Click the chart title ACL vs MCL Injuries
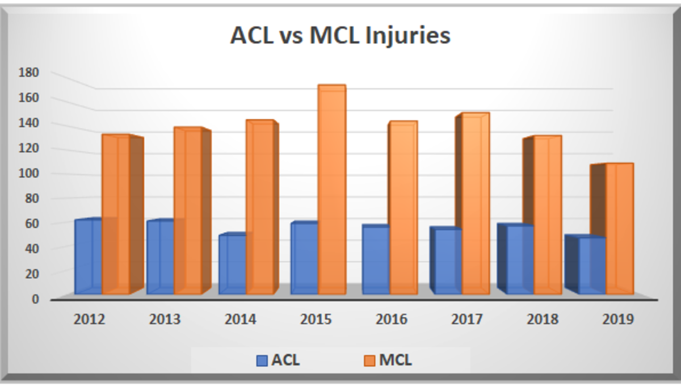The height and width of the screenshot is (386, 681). coord(340,35)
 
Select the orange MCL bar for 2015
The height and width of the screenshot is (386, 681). coord(332,190)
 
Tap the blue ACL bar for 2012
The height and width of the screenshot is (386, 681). coord(89,257)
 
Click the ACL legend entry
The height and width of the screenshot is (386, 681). coord(278,360)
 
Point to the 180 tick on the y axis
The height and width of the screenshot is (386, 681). coord(28,72)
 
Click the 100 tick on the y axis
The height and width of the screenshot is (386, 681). coord(28,173)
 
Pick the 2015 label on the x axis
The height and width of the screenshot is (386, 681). coord(316,319)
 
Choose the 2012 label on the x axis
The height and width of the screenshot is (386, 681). coord(89,319)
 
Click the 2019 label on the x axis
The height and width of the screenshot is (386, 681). coord(618,319)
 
